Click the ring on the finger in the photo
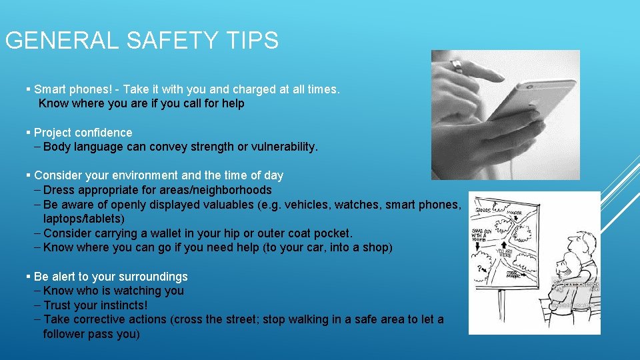coord(457,66)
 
